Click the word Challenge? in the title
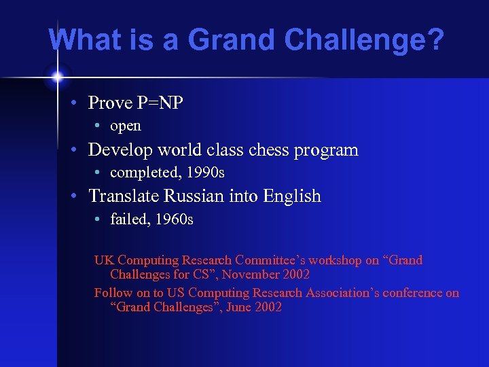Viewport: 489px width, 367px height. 365,41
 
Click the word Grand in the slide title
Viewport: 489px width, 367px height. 232,41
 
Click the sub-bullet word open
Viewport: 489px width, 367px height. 126,126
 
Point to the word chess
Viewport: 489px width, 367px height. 266,150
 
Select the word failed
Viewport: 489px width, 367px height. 128,219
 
